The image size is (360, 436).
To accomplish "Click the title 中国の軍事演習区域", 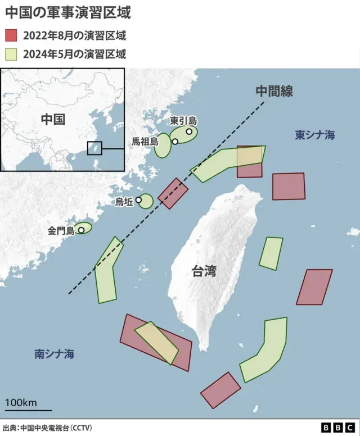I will (67, 13).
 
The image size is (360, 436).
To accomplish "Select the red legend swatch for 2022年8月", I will (11, 35).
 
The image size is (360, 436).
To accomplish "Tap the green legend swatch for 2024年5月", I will (11, 54).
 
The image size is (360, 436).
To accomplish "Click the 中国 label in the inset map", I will (53, 119).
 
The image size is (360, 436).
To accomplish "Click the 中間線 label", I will (274, 92).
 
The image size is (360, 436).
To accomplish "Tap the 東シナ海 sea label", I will (315, 135).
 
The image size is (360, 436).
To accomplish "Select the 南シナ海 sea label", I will (54, 354).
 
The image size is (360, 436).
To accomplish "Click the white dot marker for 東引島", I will (189, 131).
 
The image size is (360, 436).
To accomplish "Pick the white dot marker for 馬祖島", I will (175, 142).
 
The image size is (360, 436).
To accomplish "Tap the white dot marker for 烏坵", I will (138, 200).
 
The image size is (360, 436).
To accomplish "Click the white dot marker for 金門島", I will (81, 230).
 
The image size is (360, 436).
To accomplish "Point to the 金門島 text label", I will (61, 230).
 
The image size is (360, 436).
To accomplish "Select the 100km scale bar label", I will (21, 402).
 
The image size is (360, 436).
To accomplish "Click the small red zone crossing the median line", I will (173, 193).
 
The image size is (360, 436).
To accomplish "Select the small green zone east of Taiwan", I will (271, 253).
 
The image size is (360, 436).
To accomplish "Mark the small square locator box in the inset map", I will (94, 148).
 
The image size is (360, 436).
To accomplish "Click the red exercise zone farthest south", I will (220, 390).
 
